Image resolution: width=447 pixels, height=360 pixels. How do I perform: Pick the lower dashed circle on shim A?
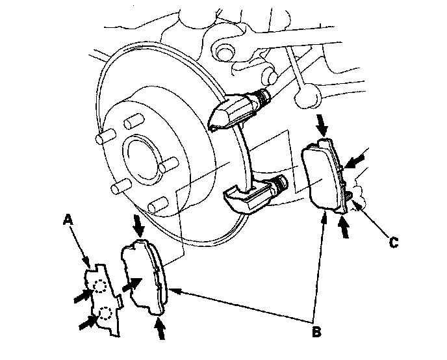click(103, 316)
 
